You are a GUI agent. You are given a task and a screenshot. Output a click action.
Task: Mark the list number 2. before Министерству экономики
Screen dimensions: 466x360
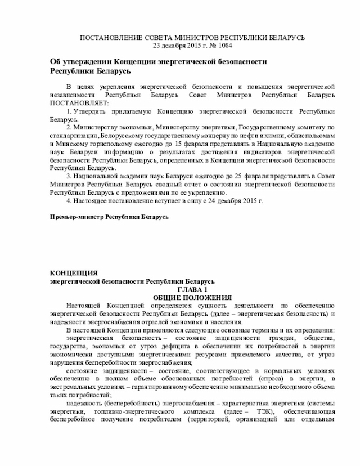(x=69, y=128)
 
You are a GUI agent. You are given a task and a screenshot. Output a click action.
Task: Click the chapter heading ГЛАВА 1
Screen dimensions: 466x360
(x=192, y=289)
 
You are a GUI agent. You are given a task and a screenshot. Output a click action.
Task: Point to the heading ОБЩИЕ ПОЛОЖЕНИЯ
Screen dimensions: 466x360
(x=192, y=297)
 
